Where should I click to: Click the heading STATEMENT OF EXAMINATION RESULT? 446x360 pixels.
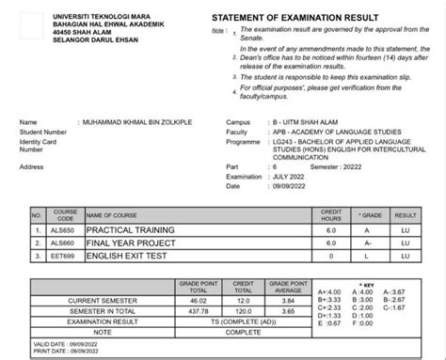295,18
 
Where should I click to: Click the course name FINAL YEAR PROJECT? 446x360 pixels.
126,243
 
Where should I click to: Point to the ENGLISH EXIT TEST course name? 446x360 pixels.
125,254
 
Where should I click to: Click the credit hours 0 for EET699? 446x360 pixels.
331,254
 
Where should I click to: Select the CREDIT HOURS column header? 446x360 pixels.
331,215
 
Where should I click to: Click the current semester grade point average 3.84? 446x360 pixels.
289,300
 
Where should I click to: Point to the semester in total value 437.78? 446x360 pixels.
198,310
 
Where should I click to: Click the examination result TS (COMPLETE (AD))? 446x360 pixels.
243,321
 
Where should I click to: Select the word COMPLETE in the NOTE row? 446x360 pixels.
243,332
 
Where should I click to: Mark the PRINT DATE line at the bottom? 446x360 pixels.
58,351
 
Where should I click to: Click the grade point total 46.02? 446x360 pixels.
198,300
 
